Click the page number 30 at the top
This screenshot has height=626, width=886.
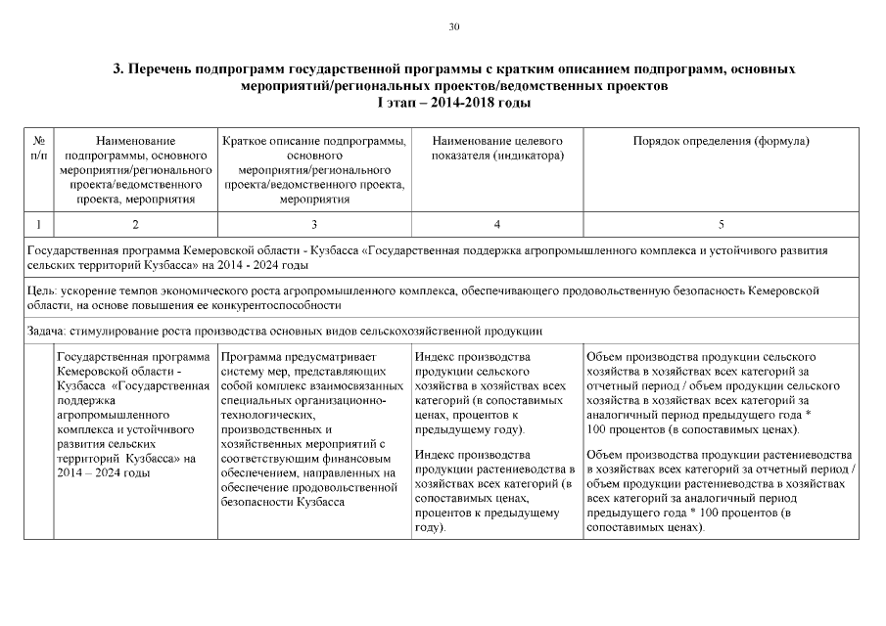[453, 27]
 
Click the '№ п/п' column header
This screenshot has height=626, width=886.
[38, 149]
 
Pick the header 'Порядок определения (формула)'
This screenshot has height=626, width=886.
[721, 142]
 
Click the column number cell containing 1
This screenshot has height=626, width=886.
[38, 225]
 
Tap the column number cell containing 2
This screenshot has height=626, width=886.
[135, 225]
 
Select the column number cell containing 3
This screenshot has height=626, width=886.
[314, 225]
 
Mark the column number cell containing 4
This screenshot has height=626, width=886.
[496, 225]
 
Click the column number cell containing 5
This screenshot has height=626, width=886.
[721, 225]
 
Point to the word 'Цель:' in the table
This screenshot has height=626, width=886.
[43, 291]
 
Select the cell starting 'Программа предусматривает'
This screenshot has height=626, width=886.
[313, 428]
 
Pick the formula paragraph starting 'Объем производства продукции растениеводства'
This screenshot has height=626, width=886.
[721, 491]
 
